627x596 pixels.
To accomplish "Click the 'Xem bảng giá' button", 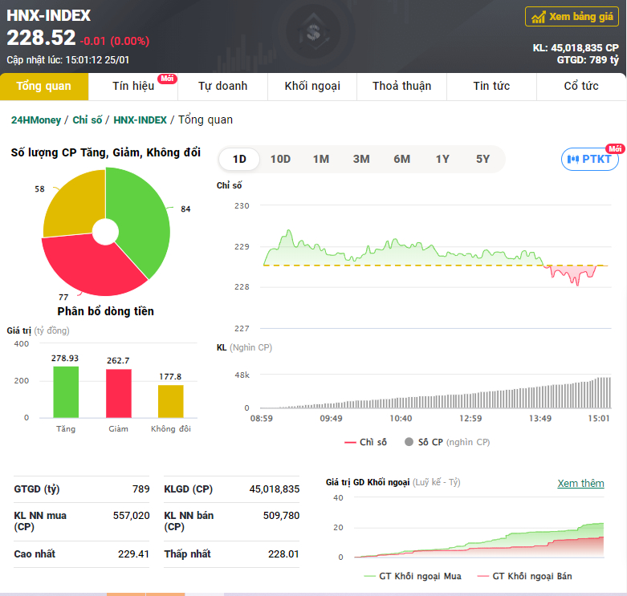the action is (x=572, y=17).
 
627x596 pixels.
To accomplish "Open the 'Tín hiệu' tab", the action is (x=133, y=87).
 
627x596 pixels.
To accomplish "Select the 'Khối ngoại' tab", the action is (x=312, y=87).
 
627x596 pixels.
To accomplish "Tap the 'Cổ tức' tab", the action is (x=581, y=87).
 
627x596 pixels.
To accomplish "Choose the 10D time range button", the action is (x=280, y=160).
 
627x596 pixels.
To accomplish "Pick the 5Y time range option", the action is (x=482, y=160).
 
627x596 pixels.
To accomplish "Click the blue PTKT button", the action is (x=590, y=160).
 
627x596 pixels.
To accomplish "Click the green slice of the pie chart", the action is (x=140, y=216).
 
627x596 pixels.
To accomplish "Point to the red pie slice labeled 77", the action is (x=92, y=266).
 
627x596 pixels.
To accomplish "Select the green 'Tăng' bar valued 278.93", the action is (x=66, y=392).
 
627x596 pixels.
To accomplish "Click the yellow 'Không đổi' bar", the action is (x=171, y=401).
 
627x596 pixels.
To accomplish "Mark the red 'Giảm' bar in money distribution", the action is (x=118, y=394).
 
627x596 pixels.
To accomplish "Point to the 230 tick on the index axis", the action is (x=242, y=205).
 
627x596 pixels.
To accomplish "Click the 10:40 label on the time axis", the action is (x=401, y=418).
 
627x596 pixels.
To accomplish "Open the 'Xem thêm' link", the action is (x=580, y=484).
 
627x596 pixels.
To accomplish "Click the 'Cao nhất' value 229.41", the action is (x=133, y=554).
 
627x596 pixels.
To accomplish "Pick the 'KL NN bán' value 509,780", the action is (x=281, y=516).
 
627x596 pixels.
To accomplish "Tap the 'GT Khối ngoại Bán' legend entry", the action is (x=524, y=576).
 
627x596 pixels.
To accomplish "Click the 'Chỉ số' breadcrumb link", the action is (x=88, y=120).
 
